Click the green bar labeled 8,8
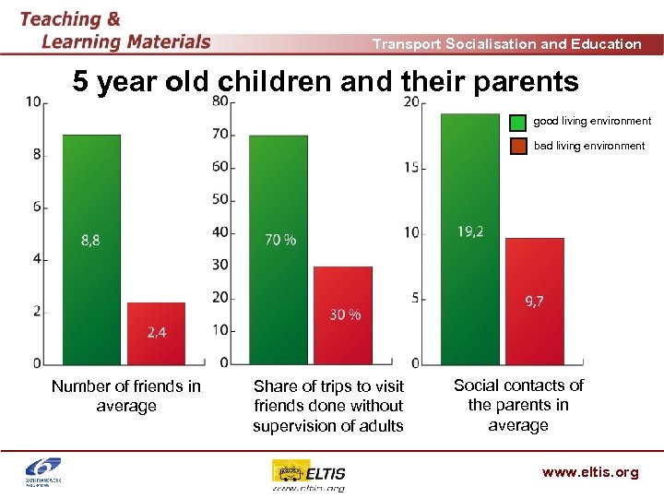point(91,249)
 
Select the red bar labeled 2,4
point(156,333)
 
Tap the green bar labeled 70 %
point(279,249)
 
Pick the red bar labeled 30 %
point(343,314)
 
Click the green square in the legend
point(518,122)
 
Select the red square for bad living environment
point(518,146)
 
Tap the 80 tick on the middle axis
point(221,101)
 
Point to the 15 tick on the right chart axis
point(411,168)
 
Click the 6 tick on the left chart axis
point(37,207)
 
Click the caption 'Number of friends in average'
point(126,396)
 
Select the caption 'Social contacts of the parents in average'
point(518,405)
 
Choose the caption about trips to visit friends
point(328,406)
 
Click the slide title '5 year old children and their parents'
point(326,82)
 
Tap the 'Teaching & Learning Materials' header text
point(114,30)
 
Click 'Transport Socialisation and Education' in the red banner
point(506,43)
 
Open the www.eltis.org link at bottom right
point(589,472)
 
